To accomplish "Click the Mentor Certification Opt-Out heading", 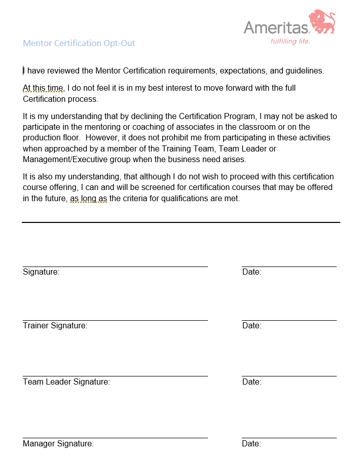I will (x=79, y=43).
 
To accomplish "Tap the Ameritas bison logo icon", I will (x=322, y=22).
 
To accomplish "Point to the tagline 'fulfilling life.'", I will (x=290, y=41).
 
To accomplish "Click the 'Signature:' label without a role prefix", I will (x=41, y=272).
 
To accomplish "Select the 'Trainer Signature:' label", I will (x=55, y=326).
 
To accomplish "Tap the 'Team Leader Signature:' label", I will (x=66, y=382).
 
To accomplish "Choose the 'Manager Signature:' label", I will (x=58, y=444).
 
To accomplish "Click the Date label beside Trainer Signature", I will (x=251, y=326).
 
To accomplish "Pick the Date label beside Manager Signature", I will (x=251, y=444).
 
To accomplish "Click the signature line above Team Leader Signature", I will (x=115, y=376).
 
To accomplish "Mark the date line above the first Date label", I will (x=289, y=267).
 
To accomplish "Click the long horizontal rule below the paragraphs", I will (x=181, y=222).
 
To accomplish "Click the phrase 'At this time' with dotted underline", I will (x=43, y=88).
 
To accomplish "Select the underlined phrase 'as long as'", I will (x=88, y=199).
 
